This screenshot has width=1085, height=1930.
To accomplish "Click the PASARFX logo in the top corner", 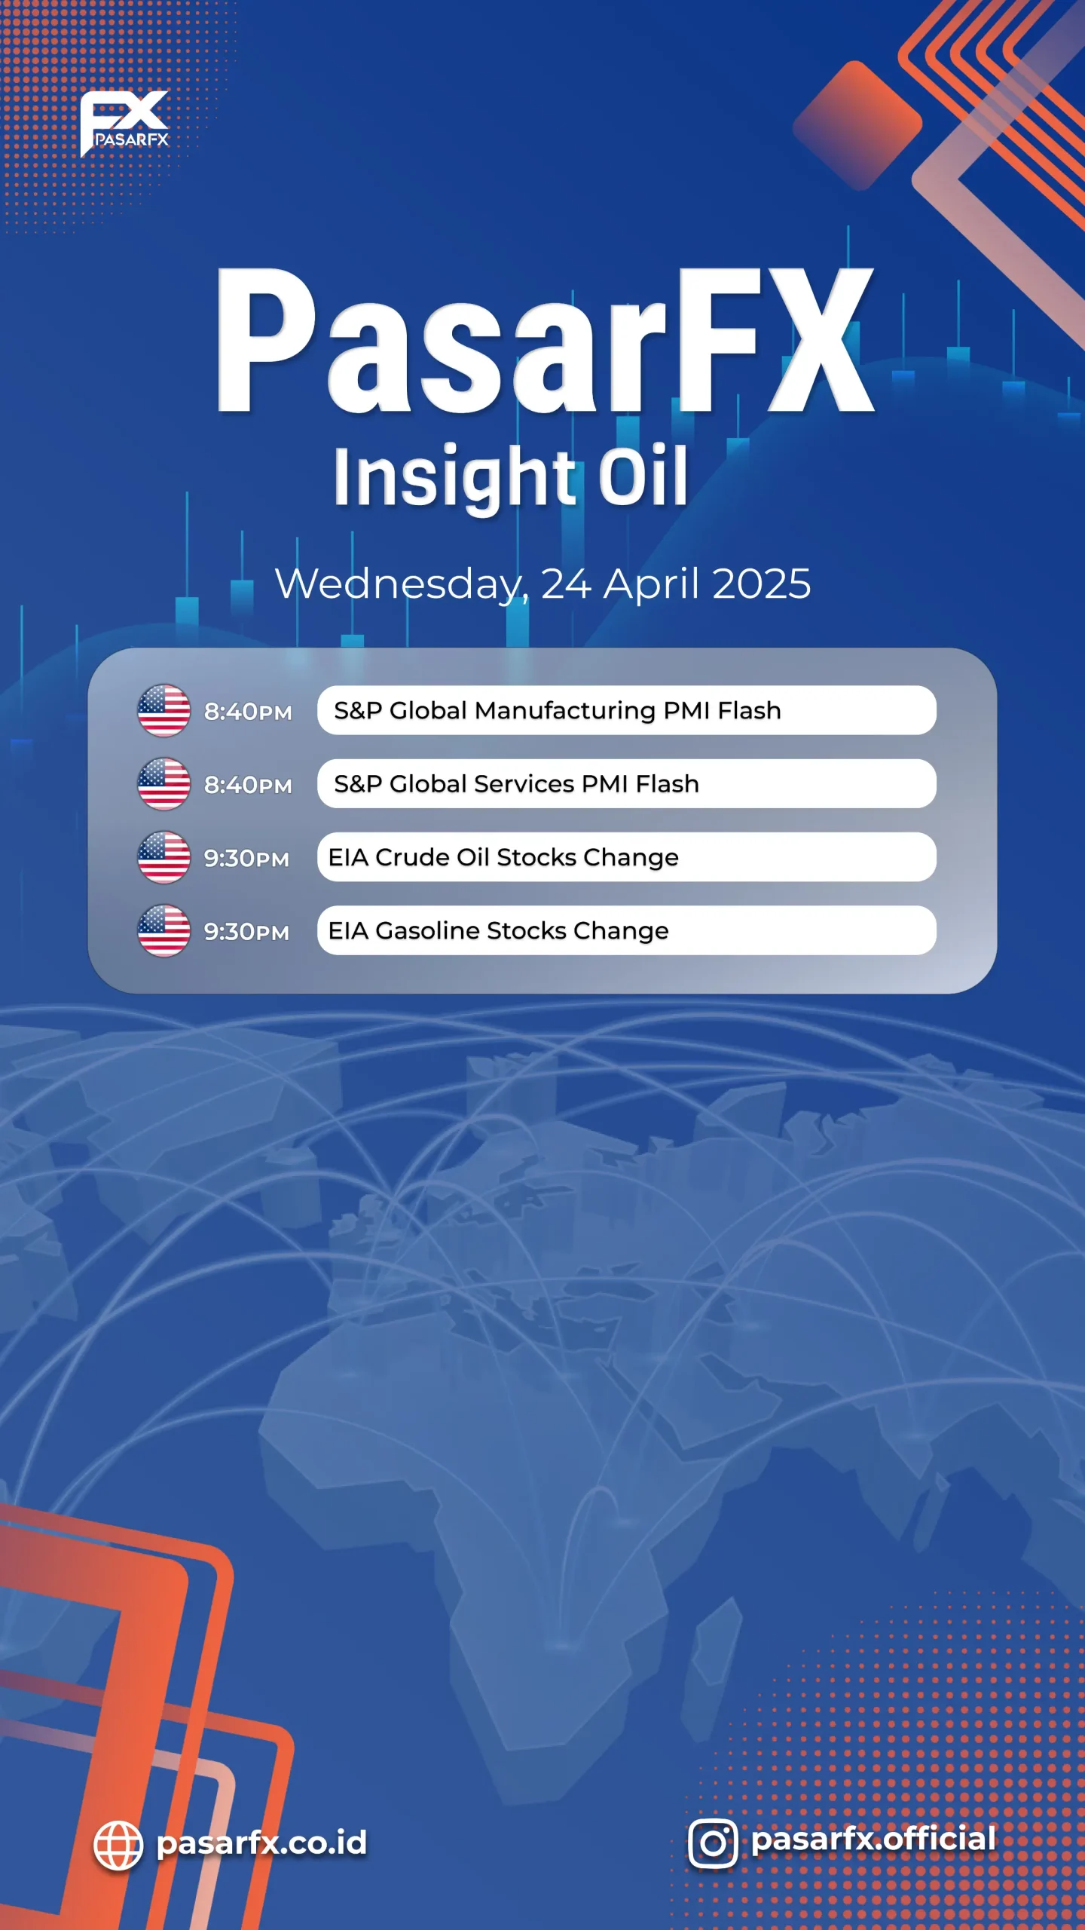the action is [124, 124].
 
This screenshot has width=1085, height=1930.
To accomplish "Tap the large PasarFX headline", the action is [545, 341].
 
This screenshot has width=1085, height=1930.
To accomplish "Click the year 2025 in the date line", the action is [761, 584].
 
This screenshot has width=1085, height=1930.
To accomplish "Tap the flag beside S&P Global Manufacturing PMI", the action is [164, 710].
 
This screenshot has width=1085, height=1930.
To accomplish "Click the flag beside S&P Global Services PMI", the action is [164, 784].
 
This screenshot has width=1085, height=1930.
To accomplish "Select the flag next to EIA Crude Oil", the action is [164, 857].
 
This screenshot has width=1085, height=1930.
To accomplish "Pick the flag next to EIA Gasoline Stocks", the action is [164, 930].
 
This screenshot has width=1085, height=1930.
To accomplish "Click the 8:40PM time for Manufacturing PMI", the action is [248, 712].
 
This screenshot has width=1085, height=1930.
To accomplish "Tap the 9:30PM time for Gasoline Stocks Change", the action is [246, 932].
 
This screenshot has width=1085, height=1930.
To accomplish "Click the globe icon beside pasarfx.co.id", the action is [118, 1846].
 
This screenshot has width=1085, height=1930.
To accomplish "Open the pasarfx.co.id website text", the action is [261, 1843].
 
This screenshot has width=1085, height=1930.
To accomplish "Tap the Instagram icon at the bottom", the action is [713, 1843].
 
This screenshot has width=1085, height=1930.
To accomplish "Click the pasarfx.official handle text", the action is [874, 1840].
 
